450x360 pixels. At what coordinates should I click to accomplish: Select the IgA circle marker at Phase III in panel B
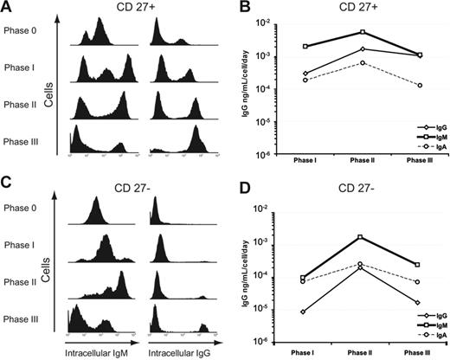click(x=420, y=85)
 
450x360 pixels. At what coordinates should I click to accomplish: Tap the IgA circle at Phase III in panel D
click(x=420, y=282)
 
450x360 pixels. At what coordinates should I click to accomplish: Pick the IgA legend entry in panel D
click(x=427, y=333)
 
